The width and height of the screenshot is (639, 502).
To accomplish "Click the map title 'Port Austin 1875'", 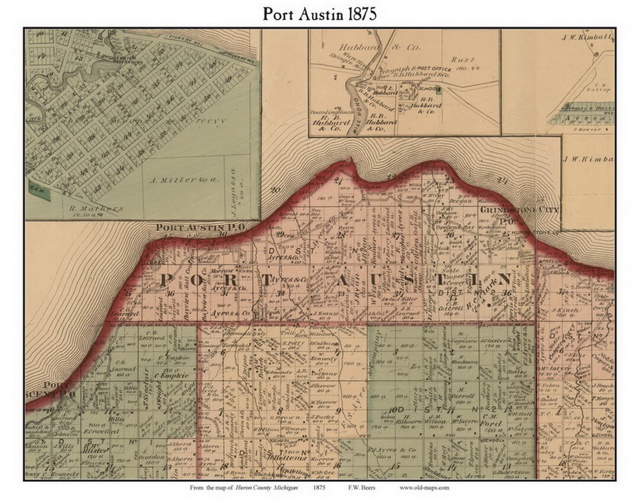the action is tap(319, 14).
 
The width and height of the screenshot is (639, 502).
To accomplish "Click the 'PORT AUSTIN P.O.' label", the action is tap(190, 227).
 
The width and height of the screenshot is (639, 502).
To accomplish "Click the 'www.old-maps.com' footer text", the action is tap(425, 488).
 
